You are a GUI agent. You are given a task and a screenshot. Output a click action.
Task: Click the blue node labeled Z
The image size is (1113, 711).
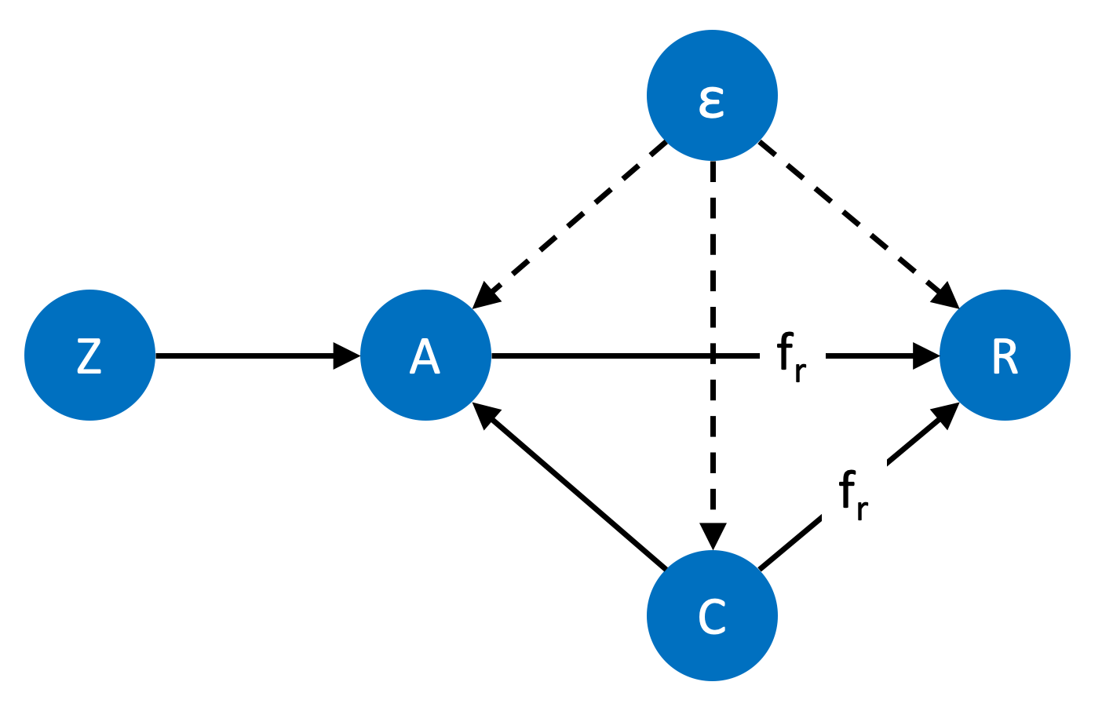point(89,355)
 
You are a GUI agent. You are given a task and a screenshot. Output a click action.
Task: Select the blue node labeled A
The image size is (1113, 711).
point(425,355)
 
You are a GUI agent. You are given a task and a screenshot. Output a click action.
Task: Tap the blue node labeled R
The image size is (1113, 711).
point(1005,355)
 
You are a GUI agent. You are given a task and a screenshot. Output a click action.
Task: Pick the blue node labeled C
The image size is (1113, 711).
point(712,616)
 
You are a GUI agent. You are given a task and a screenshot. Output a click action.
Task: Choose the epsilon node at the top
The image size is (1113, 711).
point(712,95)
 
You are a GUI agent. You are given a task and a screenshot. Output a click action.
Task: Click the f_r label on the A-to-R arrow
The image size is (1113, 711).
point(791,357)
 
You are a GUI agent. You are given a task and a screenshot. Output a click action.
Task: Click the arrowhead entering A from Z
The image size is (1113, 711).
point(346,356)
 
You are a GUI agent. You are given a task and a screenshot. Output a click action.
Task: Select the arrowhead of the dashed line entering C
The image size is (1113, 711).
point(713,535)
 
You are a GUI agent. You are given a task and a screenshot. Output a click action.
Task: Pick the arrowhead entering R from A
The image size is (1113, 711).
point(925,356)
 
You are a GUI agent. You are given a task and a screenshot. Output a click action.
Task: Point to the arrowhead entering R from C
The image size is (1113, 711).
point(945,414)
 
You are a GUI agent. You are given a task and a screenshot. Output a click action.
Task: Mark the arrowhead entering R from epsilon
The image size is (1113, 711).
point(945,296)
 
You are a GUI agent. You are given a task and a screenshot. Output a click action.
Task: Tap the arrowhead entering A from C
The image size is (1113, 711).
point(486,414)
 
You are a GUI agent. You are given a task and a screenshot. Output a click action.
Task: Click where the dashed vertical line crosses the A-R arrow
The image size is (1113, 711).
point(713,356)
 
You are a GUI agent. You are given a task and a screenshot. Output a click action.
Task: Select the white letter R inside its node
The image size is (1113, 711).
point(1005,356)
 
